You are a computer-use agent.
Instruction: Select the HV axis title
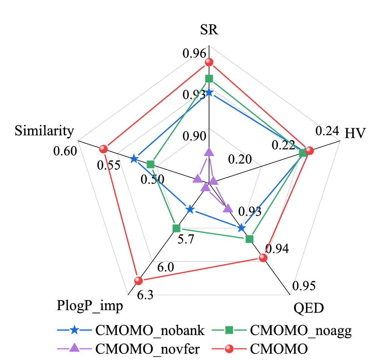pos(354,133)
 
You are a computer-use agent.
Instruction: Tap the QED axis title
pos(309,308)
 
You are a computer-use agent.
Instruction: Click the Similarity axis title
pos(44,131)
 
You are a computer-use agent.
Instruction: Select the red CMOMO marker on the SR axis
pos(209,62)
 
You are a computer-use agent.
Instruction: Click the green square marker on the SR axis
pos(209,79)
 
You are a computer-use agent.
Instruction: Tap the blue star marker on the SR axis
pos(209,93)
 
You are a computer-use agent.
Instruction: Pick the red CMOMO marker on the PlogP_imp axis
pos(138,281)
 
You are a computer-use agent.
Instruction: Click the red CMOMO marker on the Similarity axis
pos(103,149)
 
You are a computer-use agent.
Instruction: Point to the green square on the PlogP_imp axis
pos(176,228)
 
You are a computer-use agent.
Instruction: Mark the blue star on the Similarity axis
pos(134,159)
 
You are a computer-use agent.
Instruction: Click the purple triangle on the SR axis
pos(209,152)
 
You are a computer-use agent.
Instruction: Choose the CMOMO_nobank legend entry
pos(130,330)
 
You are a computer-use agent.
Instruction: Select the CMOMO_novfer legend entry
pos(130,348)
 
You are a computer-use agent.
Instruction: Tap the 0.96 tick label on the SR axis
pos(193,54)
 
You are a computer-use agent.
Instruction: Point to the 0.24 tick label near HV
pos(327,131)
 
